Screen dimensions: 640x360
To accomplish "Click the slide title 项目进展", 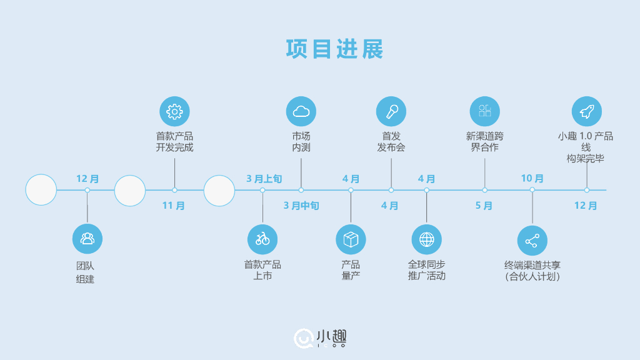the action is (x=334, y=49).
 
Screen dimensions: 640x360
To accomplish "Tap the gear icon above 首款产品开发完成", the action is (x=174, y=112).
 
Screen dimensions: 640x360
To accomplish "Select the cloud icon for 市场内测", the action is (x=301, y=112).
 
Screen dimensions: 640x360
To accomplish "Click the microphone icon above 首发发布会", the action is (x=391, y=112).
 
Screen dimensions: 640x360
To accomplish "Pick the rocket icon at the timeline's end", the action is (x=586, y=112).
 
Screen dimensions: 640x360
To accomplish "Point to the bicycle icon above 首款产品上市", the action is (x=262, y=239).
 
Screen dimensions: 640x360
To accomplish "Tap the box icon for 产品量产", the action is (x=351, y=239).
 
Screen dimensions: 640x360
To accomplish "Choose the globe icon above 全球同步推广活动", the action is (x=426, y=239).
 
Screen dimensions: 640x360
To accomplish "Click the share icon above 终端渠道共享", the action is (x=532, y=241).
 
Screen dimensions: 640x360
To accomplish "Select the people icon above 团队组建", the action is (x=87, y=239).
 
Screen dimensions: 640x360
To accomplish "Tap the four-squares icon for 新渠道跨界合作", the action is (x=484, y=112).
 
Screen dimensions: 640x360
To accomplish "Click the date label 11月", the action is (x=174, y=206).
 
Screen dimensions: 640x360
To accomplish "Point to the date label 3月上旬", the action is (x=264, y=179).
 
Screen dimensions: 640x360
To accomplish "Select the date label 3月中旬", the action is (x=301, y=206).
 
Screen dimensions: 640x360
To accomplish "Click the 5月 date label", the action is (x=484, y=206).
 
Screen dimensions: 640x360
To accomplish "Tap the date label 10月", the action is (x=532, y=179).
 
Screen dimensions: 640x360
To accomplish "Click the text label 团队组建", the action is (x=86, y=272).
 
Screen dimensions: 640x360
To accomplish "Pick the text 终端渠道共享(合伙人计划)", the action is (x=532, y=270).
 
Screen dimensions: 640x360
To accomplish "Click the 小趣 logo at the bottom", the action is (x=321, y=338).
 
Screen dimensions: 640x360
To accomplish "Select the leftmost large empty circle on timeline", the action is (x=41, y=190).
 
